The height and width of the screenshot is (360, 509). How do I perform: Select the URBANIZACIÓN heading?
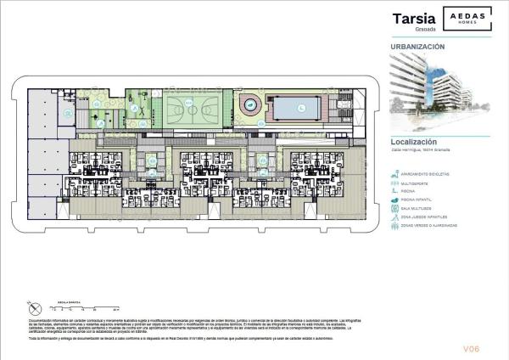[x=417, y=47]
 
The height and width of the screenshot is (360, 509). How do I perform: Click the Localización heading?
[x=413, y=142]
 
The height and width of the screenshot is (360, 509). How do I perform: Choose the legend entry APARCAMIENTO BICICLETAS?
[x=430, y=174]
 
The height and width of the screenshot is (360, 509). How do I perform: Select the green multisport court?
[x=191, y=109]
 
